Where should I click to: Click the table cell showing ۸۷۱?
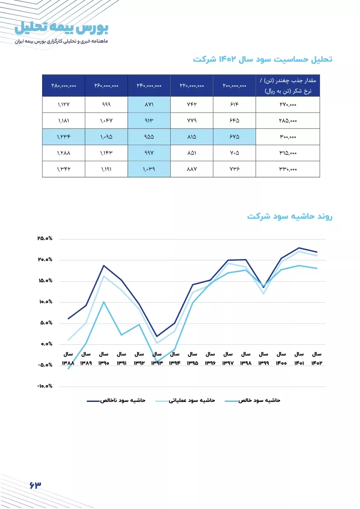(149, 104)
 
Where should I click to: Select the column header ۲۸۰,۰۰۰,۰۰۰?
(64, 86)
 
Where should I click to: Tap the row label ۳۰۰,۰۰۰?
(288, 137)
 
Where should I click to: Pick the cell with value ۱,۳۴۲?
(64, 169)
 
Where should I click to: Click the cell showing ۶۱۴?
(235, 104)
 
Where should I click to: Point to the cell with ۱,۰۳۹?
(149, 169)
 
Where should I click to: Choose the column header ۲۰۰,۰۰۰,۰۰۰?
(235, 86)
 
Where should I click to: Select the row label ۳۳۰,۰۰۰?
(288, 169)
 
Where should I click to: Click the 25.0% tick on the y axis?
(45, 238)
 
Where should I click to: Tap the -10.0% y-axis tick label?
(44, 386)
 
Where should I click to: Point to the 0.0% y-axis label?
(46, 344)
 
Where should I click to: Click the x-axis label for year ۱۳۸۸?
(68, 358)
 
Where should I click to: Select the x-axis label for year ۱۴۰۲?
(317, 358)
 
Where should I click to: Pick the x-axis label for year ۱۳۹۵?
(192, 358)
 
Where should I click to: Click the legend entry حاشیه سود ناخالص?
(116, 401)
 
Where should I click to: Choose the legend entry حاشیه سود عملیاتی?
(185, 401)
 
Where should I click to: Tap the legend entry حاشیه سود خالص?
(252, 401)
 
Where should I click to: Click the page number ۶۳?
(35, 485)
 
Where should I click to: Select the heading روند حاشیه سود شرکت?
(290, 216)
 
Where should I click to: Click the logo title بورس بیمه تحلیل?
(61, 28)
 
